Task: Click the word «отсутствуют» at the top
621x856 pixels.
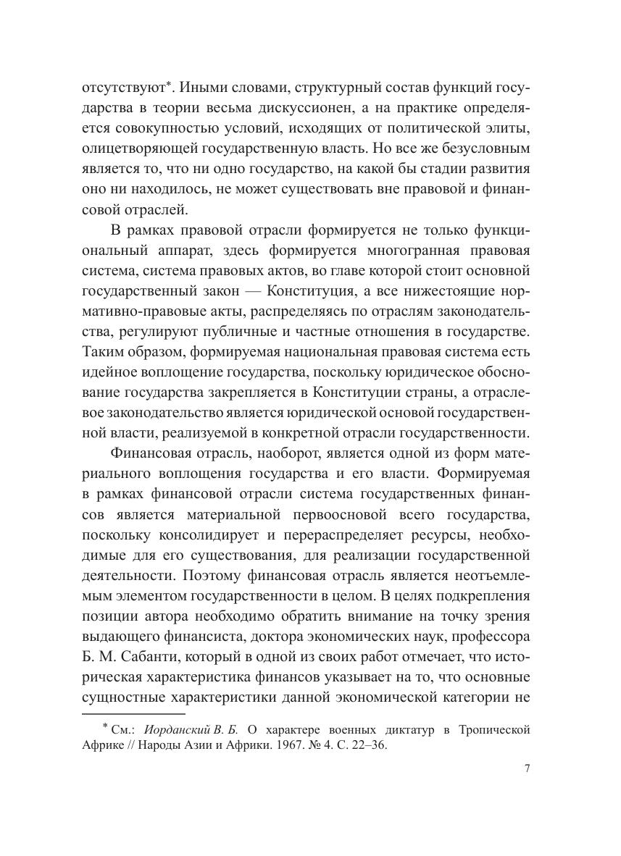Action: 123,88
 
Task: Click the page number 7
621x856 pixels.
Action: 527,769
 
